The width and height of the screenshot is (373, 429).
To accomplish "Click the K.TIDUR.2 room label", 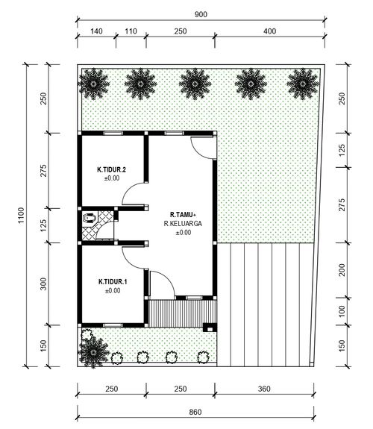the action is tap(111, 169).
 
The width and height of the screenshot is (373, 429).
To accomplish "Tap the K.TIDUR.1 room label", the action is tap(113, 282).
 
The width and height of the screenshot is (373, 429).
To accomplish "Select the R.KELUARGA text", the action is tap(183, 224).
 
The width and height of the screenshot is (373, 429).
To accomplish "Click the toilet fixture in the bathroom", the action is tap(89, 218).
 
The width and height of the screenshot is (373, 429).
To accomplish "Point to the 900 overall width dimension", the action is tap(201, 14).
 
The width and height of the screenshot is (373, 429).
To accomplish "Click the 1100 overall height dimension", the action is tap(21, 216).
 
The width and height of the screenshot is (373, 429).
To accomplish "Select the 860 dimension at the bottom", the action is tap(195, 412).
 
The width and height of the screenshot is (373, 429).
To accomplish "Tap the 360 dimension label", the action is tap(264, 389).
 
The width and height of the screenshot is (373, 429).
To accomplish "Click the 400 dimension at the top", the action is tap(270, 31).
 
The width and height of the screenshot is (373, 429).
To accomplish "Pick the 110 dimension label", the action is tap(131, 31).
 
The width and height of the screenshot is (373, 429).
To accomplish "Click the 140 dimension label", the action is tap(96, 31).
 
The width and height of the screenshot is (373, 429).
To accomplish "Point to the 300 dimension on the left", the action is tap(43, 284).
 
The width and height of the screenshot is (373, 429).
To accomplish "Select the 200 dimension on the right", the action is tap(342, 270).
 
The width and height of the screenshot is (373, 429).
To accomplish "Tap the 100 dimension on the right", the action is tap(342, 311).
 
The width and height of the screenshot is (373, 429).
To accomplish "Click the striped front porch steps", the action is tap(182, 313).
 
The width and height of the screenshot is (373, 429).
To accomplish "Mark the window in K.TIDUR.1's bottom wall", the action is tap(113, 325).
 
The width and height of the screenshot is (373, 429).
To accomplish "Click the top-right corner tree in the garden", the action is tap(302, 84).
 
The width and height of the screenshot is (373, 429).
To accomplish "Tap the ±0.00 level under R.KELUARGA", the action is tap(184, 233).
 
